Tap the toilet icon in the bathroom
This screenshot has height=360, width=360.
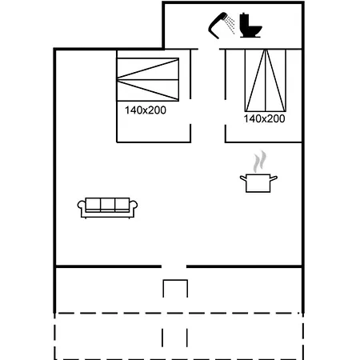click(250, 26)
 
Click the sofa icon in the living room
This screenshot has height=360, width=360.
click(107, 208)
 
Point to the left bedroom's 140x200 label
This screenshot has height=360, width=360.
click(146, 110)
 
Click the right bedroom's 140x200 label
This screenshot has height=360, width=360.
click(264, 118)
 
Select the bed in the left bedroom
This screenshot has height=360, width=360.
click(148, 79)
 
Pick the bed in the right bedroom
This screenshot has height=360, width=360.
click(266, 80)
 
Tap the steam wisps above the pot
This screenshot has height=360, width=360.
click(259, 162)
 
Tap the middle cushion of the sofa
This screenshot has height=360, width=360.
click(108, 205)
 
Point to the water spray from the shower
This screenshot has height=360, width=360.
click(230, 23)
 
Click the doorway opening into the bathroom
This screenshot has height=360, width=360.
click(209, 49)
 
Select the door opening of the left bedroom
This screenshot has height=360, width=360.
click(190, 111)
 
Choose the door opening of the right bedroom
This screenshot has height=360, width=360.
click(226, 112)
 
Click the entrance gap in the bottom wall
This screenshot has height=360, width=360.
click(174, 266)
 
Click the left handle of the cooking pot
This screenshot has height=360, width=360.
click(243, 178)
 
